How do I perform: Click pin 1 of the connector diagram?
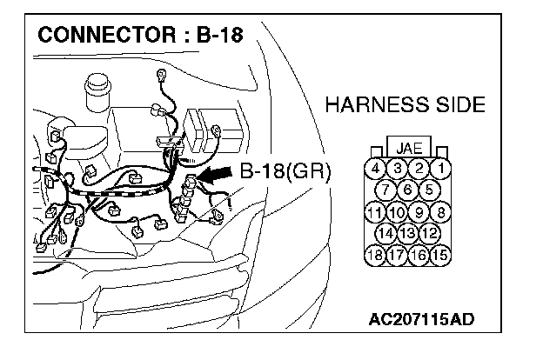[441, 169]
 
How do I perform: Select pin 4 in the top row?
[375, 169]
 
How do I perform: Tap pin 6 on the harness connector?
[408, 190]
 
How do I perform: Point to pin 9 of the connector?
[419, 212]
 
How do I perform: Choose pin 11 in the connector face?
[375, 212]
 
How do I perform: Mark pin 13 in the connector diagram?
[408, 233]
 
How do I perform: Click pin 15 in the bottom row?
[440, 255]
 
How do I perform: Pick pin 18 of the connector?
[375, 255]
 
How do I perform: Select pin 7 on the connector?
[385, 190]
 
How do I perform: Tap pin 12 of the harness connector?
[430, 233]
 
